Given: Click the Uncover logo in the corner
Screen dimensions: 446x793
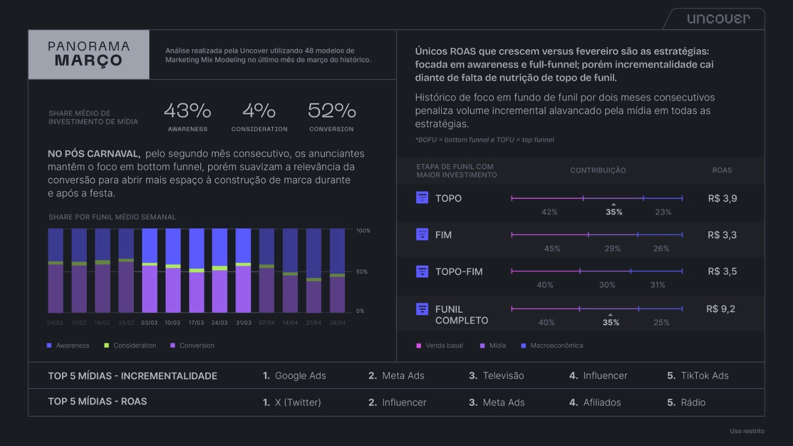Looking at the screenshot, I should [x=718, y=19].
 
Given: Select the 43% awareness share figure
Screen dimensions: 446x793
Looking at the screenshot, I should [x=187, y=111].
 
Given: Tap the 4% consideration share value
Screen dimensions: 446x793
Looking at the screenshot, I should [x=259, y=111].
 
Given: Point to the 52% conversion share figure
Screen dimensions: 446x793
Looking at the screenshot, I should [x=332, y=111].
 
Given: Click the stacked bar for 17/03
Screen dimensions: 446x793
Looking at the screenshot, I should [x=196, y=271].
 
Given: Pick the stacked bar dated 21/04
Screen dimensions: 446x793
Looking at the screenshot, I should [x=314, y=271].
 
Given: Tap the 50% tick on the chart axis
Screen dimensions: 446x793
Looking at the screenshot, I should [x=362, y=272].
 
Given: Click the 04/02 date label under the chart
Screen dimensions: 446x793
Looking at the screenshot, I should [x=55, y=323].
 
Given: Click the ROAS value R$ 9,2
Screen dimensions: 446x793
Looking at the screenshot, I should [x=721, y=309].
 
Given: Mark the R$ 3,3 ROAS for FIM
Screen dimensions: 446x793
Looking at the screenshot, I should [x=722, y=235].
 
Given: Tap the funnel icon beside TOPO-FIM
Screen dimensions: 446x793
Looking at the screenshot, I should [x=422, y=271].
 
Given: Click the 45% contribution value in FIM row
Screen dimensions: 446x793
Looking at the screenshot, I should [x=552, y=248].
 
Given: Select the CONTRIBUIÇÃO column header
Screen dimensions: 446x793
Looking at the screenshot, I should [x=598, y=170].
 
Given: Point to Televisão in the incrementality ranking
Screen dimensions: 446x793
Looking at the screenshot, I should [x=503, y=376].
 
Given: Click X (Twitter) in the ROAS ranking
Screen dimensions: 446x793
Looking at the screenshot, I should [x=298, y=402].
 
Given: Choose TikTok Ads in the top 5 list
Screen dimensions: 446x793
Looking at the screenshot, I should [x=704, y=376].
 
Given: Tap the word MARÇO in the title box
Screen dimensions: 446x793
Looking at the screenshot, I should [x=88, y=60].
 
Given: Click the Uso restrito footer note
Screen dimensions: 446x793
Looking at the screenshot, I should [x=747, y=431].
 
